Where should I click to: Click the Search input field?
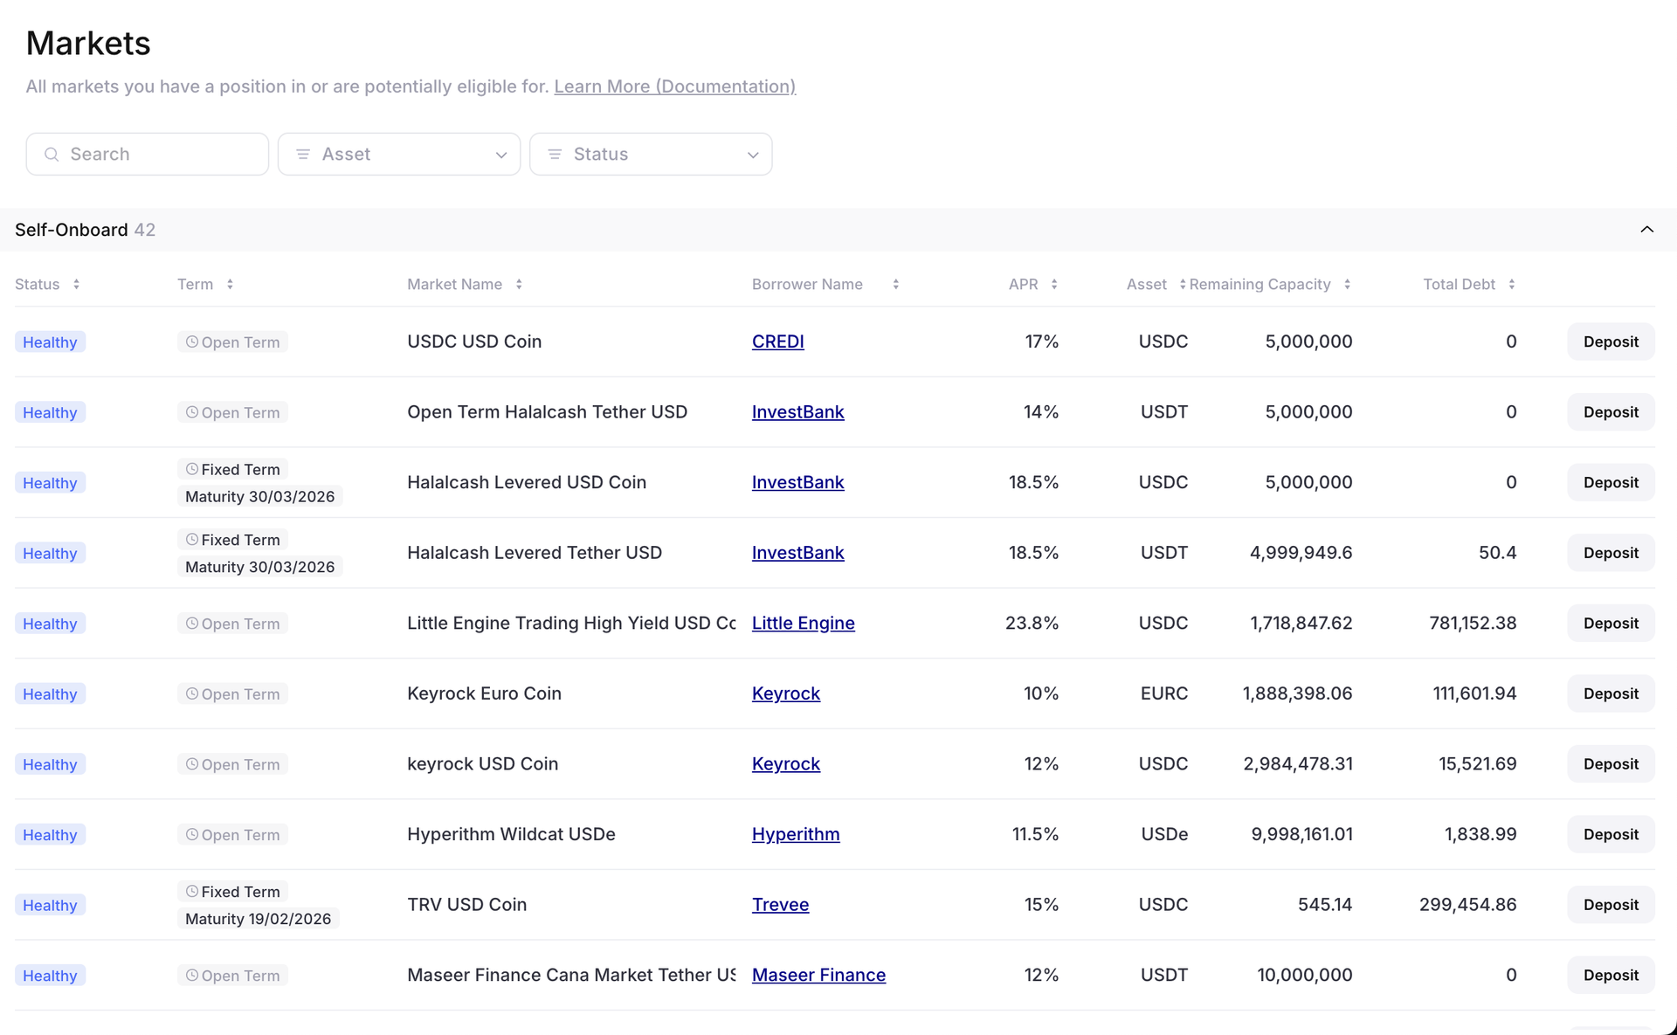147,155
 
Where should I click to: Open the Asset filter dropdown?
399,155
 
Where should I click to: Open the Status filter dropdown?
651,155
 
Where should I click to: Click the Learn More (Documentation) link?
674,86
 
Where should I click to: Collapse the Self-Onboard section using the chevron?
1646,230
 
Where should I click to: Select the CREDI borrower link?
777,342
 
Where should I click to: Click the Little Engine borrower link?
803,624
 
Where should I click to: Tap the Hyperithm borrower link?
795,835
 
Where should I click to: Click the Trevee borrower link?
780,905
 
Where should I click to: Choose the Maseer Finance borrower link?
818,976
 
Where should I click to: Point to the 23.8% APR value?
1032,624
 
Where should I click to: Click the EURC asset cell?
1163,694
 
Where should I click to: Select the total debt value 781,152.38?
1473,624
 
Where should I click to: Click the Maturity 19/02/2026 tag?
258,919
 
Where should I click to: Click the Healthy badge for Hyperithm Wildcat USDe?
50,835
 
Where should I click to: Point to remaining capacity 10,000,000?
1304,976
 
